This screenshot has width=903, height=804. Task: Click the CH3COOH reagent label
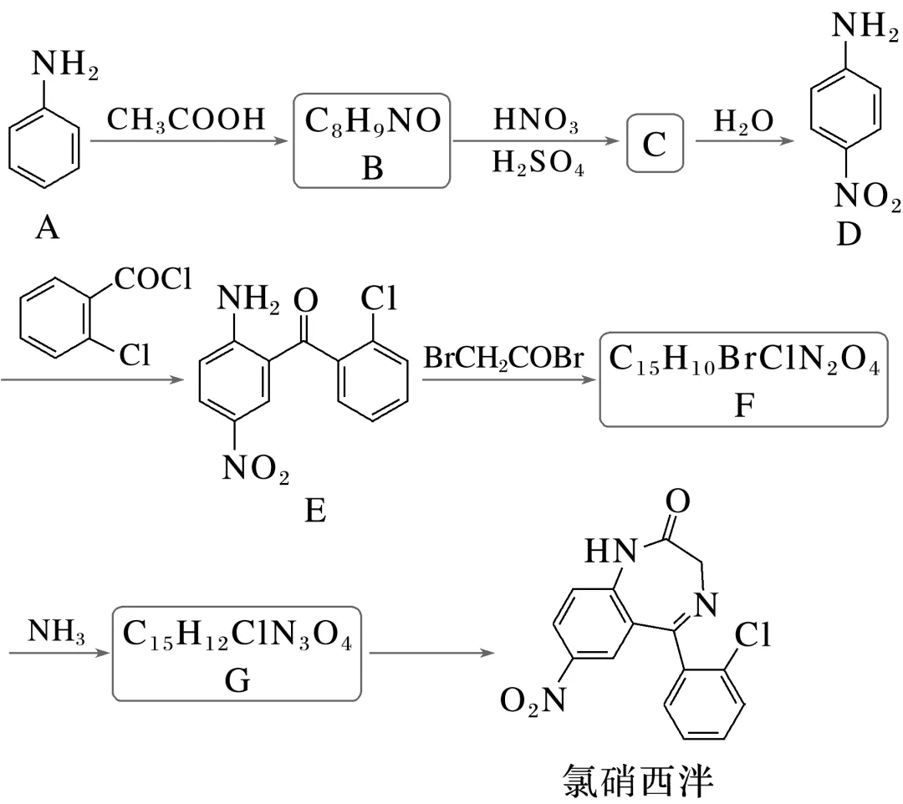coord(185,120)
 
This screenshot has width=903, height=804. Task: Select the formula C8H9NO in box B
coord(372,124)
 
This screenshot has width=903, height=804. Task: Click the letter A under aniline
coord(47,226)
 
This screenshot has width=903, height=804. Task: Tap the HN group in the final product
coord(603,550)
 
